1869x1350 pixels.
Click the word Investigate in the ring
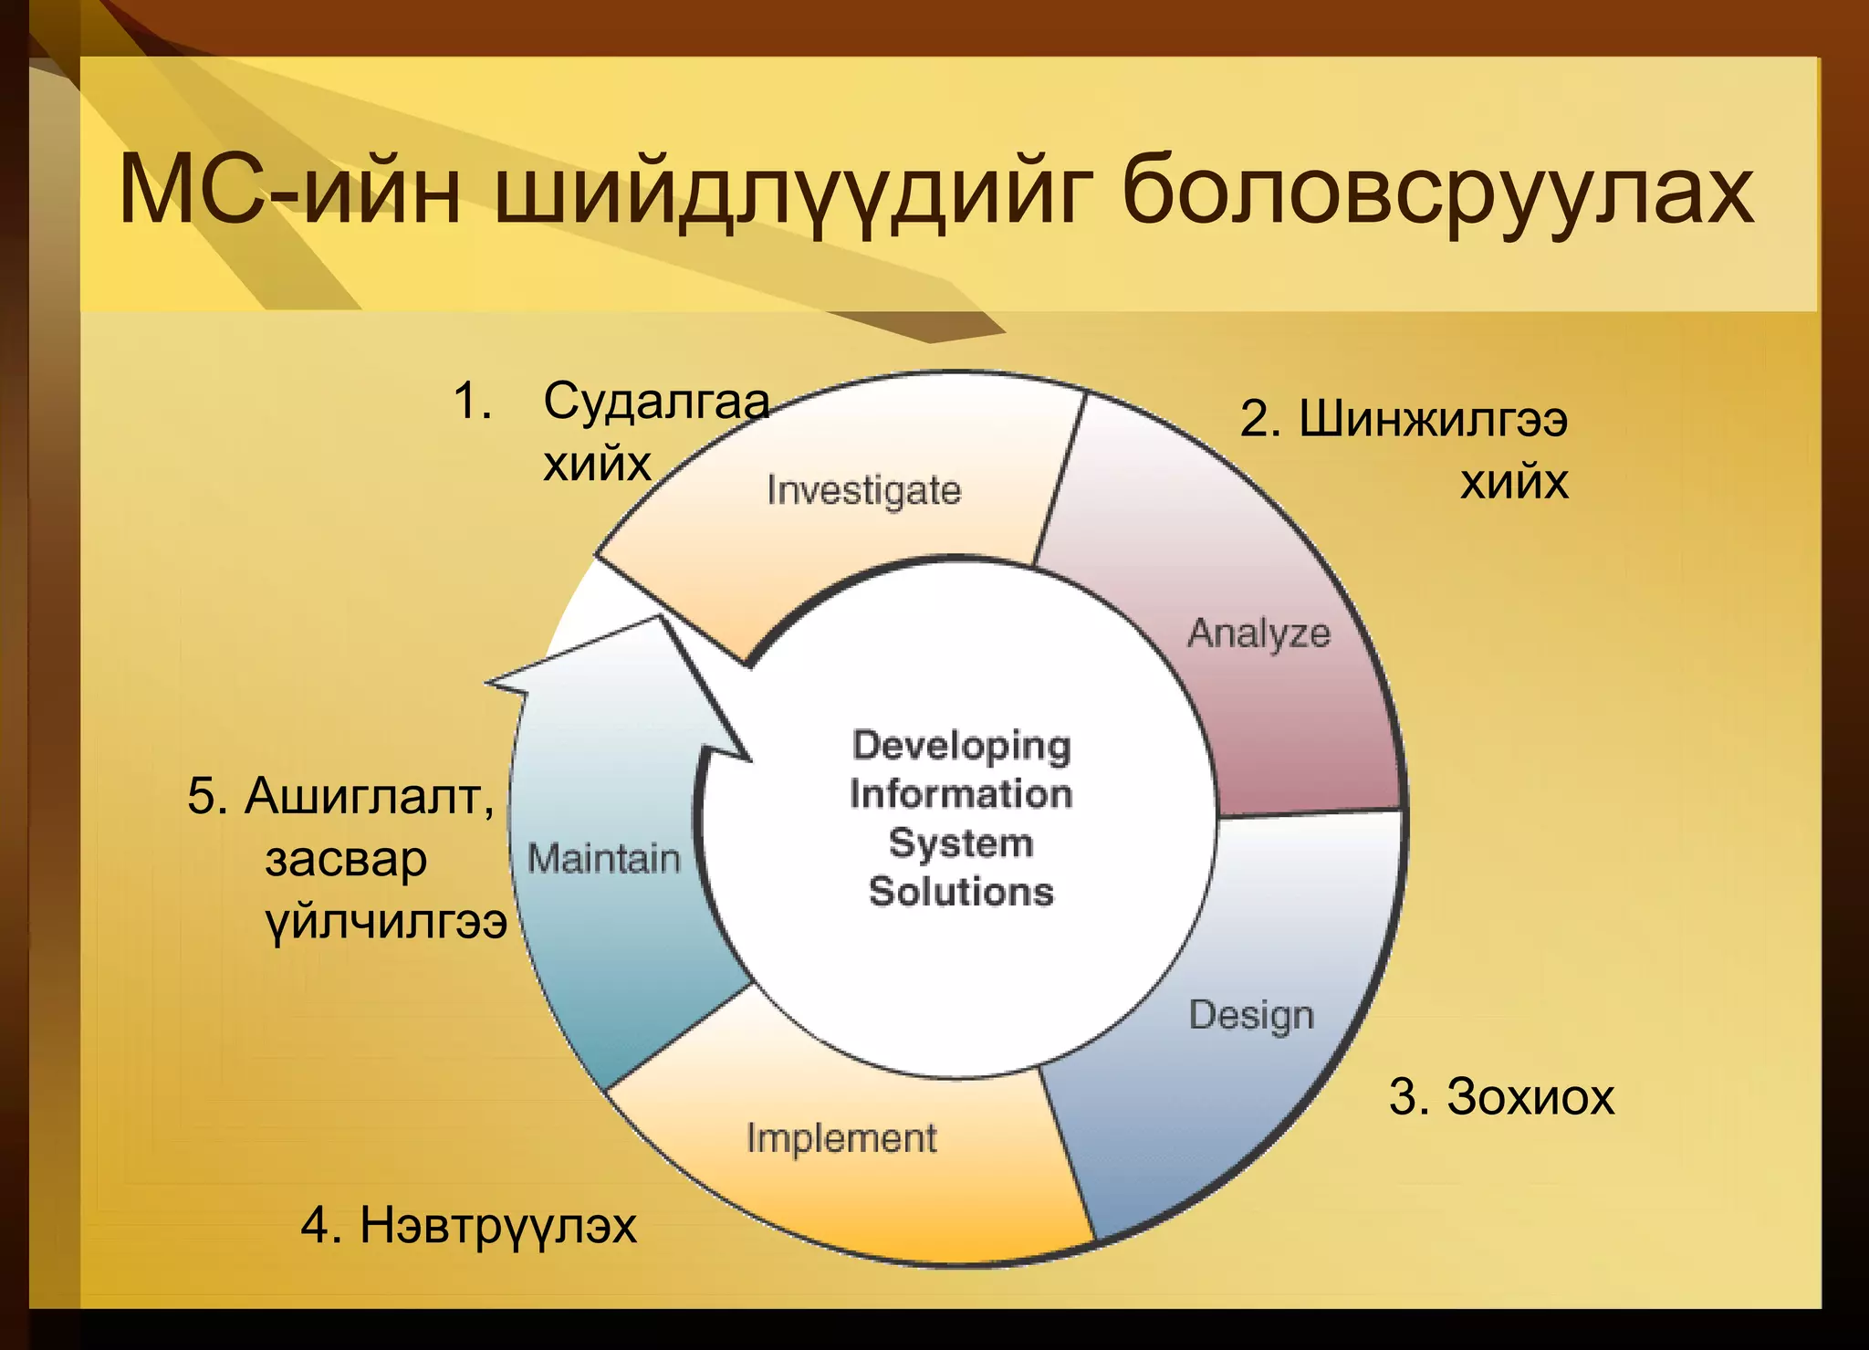click(863, 491)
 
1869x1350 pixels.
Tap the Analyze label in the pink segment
click(1258, 633)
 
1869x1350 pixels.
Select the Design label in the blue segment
click(1251, 1016)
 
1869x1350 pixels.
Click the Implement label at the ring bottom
click(841, 1138)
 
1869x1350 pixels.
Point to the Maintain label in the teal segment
click(603, 859)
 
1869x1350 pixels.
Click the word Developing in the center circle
click(961, 746)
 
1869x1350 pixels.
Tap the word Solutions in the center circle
click(961, 892)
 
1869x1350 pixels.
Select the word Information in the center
click(961, 794)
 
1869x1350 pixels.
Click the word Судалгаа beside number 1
click(656, 401)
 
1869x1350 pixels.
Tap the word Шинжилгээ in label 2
click(1433, 420)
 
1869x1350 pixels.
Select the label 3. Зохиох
click(1501, 1096)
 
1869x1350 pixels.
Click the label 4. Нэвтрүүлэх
click(468, 1225)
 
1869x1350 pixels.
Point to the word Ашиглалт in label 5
click(369, 796)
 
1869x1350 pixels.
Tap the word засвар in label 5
click(346, 859)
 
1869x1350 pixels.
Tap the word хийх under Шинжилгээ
click(1513, 481)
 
